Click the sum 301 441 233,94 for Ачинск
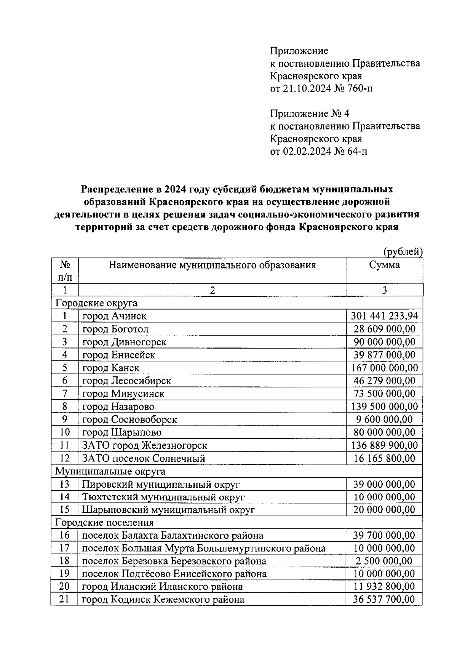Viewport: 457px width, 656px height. pyautogui.click(x=384, y=316)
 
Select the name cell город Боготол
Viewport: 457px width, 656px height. pyautogui.click(x=115, y=329)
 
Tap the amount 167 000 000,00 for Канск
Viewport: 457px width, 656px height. pyautogui.click(x=384, y=368)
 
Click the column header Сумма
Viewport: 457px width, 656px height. pyautogui.click(x=384, y=265)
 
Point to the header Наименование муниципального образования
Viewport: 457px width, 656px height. pyautogui.click(x=212, y=265)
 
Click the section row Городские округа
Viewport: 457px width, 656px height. pyautogui.click(x=96, y=303)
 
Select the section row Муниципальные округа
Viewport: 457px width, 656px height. pyautogui.click(x=110, y=471)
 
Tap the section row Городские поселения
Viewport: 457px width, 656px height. pyautogui.click(x=105, y=522)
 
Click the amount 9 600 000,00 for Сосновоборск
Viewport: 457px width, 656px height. pyautogui.click(x=384, y=419)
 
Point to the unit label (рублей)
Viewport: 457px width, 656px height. pyautogui.click(x=403, y=251)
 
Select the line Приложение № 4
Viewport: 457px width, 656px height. pyautogui.click(x=309, y=114)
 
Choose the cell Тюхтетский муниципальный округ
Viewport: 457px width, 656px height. pyautogui.click(x=163, y=497)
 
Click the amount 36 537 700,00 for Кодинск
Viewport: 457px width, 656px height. pyautogui.click(x=384, y=599)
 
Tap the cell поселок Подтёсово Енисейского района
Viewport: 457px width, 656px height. pyautogui.click(x=174, y=574)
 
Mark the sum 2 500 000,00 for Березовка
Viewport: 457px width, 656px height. pyautogui.click(x=384, y=561)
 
